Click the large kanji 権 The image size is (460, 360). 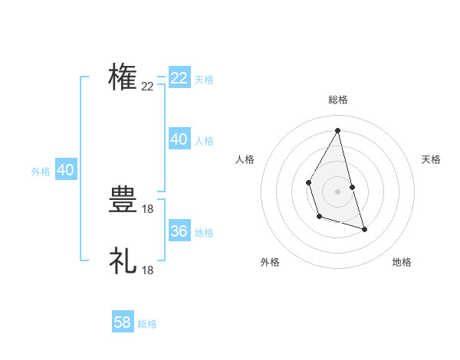click(x=123, y=77)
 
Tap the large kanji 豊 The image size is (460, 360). click(x=123, y=201)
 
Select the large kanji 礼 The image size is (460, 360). click(x=123, y=260)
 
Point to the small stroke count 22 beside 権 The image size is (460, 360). click(x=148, y=87)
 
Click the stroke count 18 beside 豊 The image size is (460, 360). click(x=148, y=209)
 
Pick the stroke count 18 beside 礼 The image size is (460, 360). click(x=148, y=270)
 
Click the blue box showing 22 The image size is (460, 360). click(x=179, y=78)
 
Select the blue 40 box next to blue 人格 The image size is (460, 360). click(x=179, y=139)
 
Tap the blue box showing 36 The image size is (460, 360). click(x=179, y=231)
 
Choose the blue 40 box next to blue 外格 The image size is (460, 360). click(x=65, y=170)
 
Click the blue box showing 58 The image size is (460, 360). click(x=123, y=322)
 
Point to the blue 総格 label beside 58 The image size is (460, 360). click(x=147, y=324)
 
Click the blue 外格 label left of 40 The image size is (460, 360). click(x=41, y=172)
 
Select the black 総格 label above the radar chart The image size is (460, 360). click(x=337, y=100)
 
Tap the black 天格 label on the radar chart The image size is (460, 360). click(x=431, y=159)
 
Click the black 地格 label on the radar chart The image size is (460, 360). click(x=402, y=262)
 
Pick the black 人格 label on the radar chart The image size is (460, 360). click(x=245, y=159)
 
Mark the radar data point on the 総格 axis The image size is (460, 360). click(x=337, y=130)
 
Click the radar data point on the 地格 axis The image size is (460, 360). click(x=364, y=229)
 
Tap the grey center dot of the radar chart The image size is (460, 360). click(x=337, y=191)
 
